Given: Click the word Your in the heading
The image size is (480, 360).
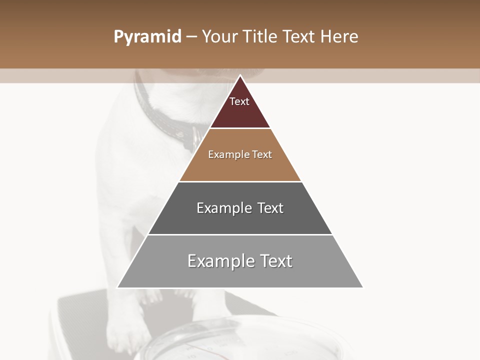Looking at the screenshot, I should coord(220,37).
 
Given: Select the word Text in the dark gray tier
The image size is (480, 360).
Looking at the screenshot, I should coord(270,208).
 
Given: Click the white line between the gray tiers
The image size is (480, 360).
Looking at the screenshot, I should coord(240,234).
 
